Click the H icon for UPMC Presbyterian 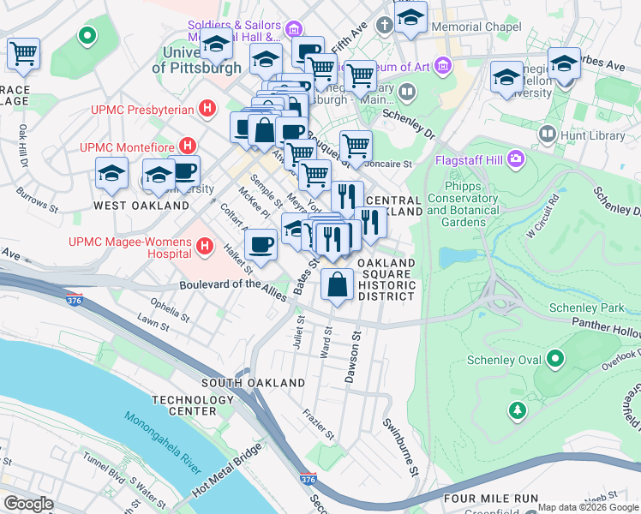click(x=206, y=109)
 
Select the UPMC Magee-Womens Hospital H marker click(x=204, y=248)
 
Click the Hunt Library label click(x=585, y=134)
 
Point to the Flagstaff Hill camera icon click(x=517, y=158)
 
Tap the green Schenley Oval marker click(x=555, y=359)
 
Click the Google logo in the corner click(x=28, y=504)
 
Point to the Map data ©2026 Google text click(x=587, y=507)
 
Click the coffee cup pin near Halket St click(x=261, y=243)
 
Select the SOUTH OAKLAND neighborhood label click(x=253, y=382)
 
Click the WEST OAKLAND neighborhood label click(x=141, y=206)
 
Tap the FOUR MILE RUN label click(x=489, y=499)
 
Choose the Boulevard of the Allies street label click(x=236, y=285)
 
